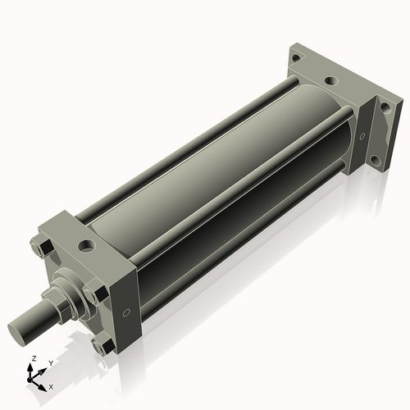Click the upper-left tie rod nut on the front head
41,247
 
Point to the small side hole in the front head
125,312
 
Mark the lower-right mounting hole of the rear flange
374,159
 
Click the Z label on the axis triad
32,359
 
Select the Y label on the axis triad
50,362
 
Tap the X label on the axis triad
51,385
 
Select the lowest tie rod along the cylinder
246,246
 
